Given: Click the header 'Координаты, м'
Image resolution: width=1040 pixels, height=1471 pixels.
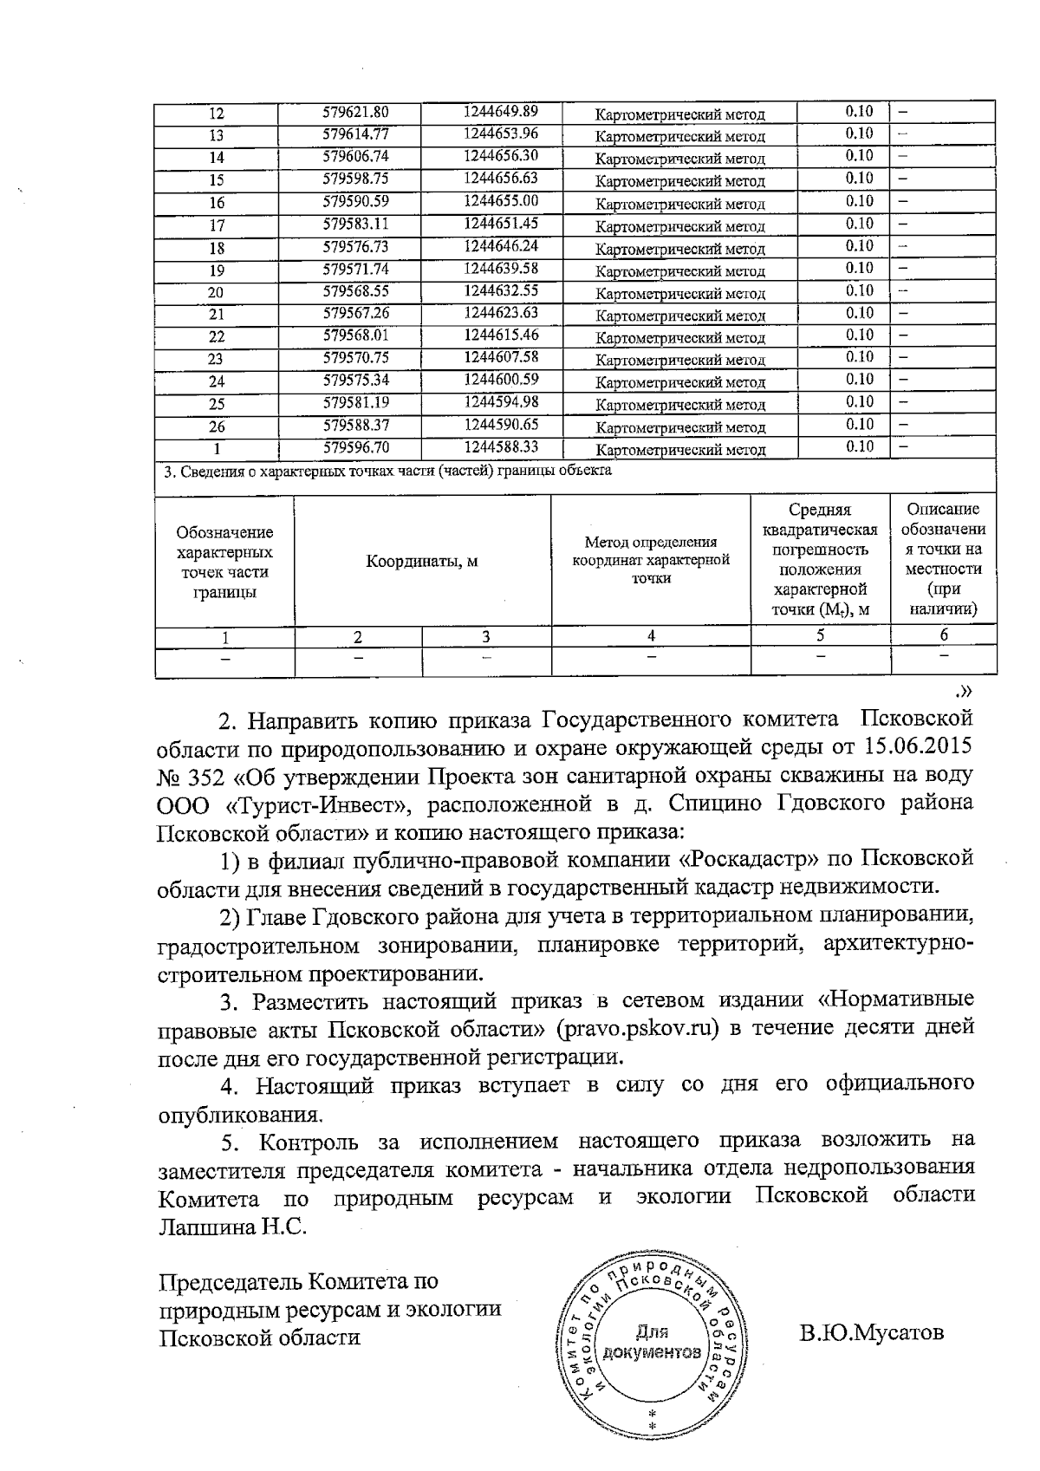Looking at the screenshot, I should [422, 561].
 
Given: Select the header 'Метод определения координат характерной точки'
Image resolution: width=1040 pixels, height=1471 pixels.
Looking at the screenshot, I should [650, 561].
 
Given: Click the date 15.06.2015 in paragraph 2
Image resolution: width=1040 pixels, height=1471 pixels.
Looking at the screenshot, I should [919, 745].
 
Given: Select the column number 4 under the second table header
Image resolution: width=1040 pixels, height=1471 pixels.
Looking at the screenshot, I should [651, 636].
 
